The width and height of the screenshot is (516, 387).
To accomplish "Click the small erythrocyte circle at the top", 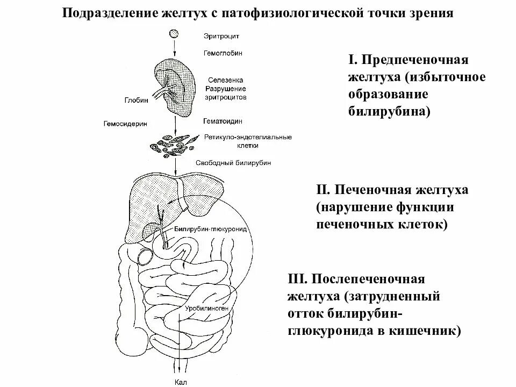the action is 174,34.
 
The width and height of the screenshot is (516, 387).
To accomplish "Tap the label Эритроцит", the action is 221,36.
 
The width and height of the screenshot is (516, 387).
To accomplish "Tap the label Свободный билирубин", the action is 233,162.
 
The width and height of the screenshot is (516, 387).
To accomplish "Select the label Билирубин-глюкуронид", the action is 210,228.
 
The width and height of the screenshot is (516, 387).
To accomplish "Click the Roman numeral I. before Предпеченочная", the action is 354,59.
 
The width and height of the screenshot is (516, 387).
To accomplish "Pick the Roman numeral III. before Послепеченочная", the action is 298,279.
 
